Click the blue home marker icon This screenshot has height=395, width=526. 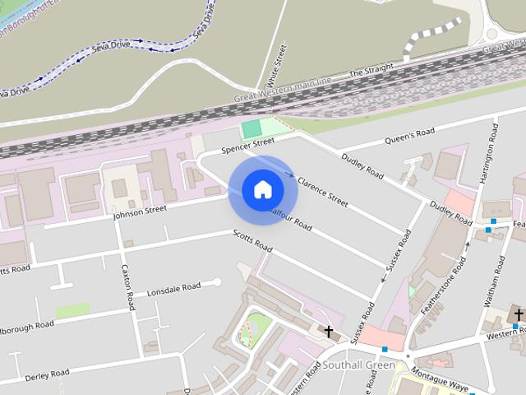262,189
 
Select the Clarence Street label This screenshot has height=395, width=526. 322,189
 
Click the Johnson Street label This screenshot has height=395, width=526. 139,212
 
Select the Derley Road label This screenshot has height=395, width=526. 46,375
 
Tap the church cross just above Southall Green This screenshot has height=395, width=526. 329,332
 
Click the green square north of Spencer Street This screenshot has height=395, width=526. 251,128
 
